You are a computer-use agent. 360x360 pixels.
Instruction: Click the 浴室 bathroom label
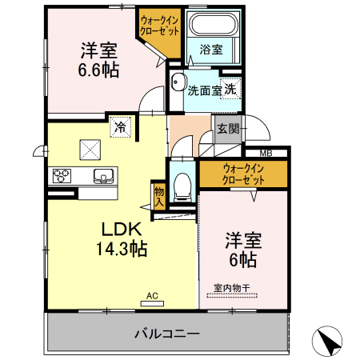tap(212, 50)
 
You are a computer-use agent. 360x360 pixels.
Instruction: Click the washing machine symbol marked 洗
tap(230, 90)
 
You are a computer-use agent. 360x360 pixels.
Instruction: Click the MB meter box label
tap(266, 154)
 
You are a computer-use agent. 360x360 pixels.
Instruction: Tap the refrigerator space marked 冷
tap(120, 126)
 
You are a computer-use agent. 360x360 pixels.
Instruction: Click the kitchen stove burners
tap(62, 176)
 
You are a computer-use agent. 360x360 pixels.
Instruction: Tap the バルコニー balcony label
tap(166, 332)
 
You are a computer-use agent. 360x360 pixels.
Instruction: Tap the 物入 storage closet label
tap(158, 197)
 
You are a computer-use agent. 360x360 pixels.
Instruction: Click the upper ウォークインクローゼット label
tap(159, 24)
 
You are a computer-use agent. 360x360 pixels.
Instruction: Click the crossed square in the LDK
tap(88, 149)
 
